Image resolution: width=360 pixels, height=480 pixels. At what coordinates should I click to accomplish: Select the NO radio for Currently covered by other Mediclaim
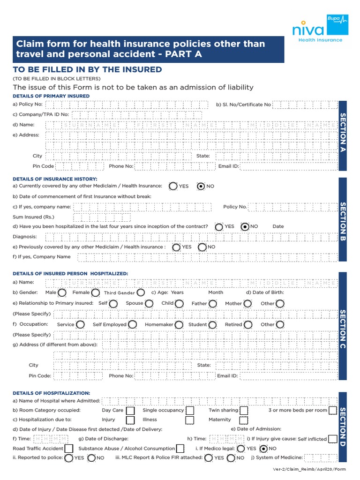pyautogui.click(x=201, y=186)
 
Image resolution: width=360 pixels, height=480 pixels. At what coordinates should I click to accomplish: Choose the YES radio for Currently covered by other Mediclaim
pyautogui.click(x=173, y=186)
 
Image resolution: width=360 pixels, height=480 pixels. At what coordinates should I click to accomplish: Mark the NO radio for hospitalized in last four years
pyautogui.click(x=245, y=226)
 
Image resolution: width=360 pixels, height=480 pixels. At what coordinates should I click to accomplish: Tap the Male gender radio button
pyautogui.click(x=62, y=292)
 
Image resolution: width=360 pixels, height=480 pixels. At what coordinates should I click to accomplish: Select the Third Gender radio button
pyautogui.click(x=141, y=292)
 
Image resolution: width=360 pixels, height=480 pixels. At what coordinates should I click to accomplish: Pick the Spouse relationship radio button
pyautogui.click(x=149, y=303)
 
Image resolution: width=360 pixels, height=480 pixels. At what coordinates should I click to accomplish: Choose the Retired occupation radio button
pyautogui.click(x=248, y=324)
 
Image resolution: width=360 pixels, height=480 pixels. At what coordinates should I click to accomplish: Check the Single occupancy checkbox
pyautogui.click(x=190, y=410)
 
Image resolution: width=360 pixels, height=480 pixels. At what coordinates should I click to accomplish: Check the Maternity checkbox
pyautogui.click(x=243, y=420)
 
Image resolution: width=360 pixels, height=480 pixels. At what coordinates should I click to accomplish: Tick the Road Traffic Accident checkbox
pyautogui.click(x=69, y=449)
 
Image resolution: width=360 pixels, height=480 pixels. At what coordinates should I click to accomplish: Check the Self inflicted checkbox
pyautogui.click(x=332, y=439)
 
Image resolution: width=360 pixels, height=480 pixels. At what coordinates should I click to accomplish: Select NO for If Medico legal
pyautogui.click(x=263, y=449)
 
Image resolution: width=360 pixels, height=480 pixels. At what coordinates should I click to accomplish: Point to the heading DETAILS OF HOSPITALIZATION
pyautogui.click(x=52, y=393)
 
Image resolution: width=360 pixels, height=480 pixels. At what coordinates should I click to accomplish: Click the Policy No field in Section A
pyautogui.click(x=127, y=105)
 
